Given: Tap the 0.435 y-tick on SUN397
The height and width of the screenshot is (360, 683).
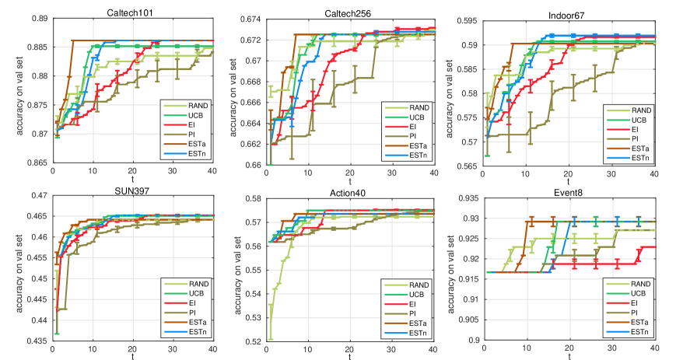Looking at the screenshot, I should click(x=35, y=341).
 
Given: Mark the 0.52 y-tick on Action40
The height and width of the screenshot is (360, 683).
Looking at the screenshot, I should click(x=254, y=341).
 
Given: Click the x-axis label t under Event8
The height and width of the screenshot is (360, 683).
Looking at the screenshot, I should click(x=569, y=356).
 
